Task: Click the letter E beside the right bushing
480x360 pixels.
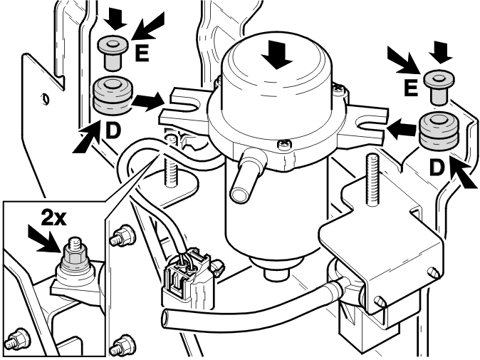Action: pyautogui.click(x=411, y=87)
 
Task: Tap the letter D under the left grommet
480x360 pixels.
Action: pyautogui.click(x=113, y=130)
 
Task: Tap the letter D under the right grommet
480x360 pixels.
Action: pyautogui.click(x=437, y=168)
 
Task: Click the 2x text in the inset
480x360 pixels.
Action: pyautogui.click(x=53, y=218)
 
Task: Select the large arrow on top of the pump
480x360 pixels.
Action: pyautogui.click(x=277, y=55)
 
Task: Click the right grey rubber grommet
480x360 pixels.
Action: pyautogui.click(x=439, y=131)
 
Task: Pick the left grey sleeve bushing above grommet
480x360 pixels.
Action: pyautogui.click(x=113, y=53)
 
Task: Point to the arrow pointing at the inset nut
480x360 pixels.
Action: pyautogui.click(x=45, y=240)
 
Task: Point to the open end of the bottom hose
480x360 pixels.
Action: pyautogui.click(x=166, y=319)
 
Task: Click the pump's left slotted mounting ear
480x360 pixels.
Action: pyautogui.click(x=183, y=109)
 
